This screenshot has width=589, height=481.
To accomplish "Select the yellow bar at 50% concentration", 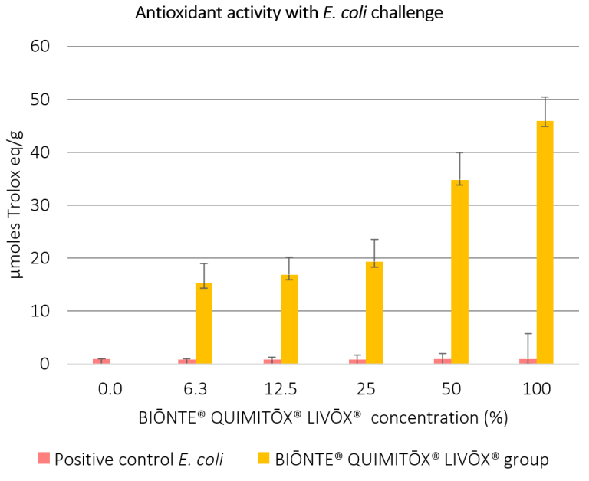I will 460,272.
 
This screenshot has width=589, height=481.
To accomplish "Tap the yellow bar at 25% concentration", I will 374,312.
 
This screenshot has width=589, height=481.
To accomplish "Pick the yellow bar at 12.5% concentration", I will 289,319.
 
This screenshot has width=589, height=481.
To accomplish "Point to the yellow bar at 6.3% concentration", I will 204,323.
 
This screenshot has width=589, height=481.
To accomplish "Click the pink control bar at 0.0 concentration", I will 101,361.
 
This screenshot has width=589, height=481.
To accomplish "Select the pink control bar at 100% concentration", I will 528,361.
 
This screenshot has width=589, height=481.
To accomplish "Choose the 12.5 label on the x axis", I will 280,390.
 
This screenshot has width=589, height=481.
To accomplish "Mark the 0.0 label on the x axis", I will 110,390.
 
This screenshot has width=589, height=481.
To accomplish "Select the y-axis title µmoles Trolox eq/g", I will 16,205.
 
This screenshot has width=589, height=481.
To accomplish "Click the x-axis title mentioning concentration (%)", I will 323,419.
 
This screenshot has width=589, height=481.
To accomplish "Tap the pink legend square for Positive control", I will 44,459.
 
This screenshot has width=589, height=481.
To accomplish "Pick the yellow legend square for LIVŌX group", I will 262,459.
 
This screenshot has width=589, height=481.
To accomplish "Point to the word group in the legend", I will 529,460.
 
